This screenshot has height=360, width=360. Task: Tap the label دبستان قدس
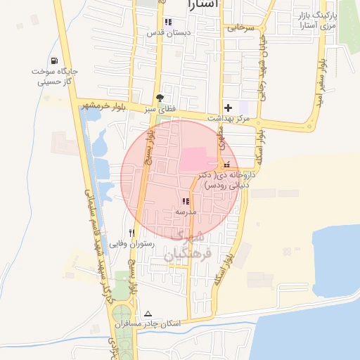click(165, 33)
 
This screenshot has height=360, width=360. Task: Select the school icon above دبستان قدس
click(167, 22)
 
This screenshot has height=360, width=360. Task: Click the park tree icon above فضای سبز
click(160, 98)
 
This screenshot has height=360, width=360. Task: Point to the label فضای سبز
click(159, 110)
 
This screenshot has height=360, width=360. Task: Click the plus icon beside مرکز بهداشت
click(226, 107)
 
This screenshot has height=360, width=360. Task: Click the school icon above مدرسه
click(186, 201)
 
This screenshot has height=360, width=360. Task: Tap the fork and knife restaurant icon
click(131, 233)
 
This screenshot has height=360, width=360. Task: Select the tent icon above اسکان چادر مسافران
click(148, 314)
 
